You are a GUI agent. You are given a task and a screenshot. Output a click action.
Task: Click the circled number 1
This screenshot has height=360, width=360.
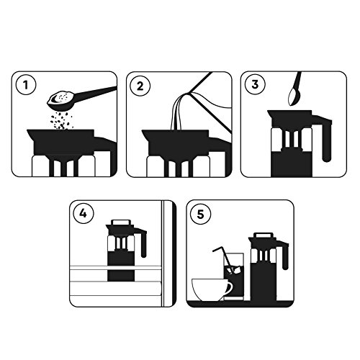[x=26, y=85]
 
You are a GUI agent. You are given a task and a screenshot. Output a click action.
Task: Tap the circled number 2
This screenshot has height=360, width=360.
[x=140, y=86]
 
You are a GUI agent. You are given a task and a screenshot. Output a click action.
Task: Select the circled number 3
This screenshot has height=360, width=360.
[x=255, y=84]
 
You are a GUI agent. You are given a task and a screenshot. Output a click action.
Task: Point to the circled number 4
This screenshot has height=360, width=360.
[x=83, y=213]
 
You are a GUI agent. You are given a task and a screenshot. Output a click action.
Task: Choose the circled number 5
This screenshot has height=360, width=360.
[x=200, y=214]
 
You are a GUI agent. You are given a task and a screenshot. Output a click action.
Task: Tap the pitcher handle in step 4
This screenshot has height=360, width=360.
[x=143, y=243]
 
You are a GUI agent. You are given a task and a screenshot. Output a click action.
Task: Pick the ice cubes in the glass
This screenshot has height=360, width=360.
[x=233, y=269]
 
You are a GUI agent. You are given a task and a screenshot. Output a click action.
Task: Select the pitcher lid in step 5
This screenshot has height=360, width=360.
[x=264, y=235]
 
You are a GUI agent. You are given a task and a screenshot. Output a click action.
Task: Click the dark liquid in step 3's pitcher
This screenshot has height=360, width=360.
[x=292, y=163]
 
